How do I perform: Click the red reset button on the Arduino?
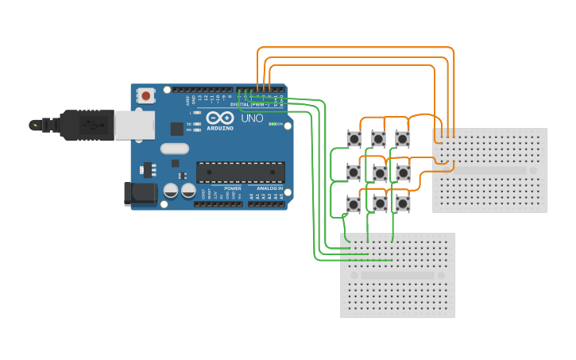[146, 95]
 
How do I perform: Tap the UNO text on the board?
[252, 118]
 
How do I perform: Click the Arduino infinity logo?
[220, 118]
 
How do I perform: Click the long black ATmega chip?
[240, 172]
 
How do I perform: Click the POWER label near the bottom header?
[233, 188]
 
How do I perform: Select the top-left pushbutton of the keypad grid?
[354, 139]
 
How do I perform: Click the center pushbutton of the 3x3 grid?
[380, 172]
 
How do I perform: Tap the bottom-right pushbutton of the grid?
[403, 203]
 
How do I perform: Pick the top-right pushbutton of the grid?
[403, 139]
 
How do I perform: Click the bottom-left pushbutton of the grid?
[354, 204]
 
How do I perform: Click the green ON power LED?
[272, 124]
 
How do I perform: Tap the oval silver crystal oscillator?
[174, 148]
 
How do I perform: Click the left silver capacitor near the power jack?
[171, 190]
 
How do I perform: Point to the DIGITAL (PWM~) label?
[249, 104]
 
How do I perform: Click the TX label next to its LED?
[188, 124]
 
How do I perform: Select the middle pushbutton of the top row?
[379, 139]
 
